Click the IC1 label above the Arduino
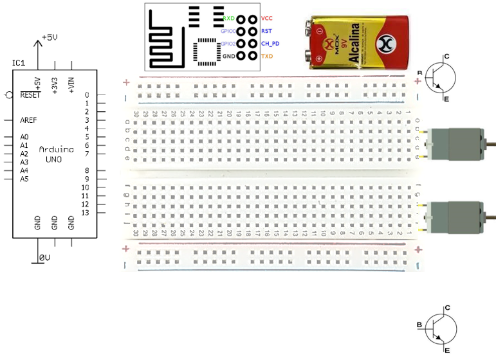18,62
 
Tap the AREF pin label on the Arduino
28,120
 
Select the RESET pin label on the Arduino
30,95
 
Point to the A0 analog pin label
24,137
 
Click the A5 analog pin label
24,179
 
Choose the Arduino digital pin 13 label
84,212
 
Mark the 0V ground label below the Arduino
44,257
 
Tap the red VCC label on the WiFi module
267,19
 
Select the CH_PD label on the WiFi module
270,44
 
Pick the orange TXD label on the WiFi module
267,57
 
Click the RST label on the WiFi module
266,31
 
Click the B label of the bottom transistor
419,325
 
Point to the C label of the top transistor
446,57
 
